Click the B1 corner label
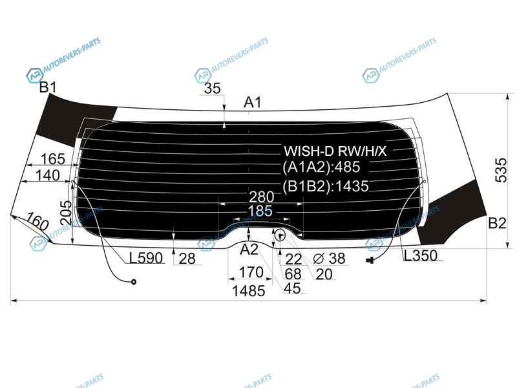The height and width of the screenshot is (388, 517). tap(48, 87)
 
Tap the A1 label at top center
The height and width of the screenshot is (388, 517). tap(252, 102)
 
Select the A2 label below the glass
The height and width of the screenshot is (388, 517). tap(249, 250)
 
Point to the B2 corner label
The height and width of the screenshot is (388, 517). tap(497, 223)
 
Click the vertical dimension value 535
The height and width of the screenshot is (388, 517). tap(501, 170)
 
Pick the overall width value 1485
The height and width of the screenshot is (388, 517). tap(249, 291)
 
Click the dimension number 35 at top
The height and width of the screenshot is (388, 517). tap(213, 88)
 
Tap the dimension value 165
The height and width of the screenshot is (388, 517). tap(53, 159)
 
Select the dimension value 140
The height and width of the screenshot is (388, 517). tap(47, 175)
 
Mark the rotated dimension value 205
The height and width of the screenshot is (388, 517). tap(66, 213)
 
